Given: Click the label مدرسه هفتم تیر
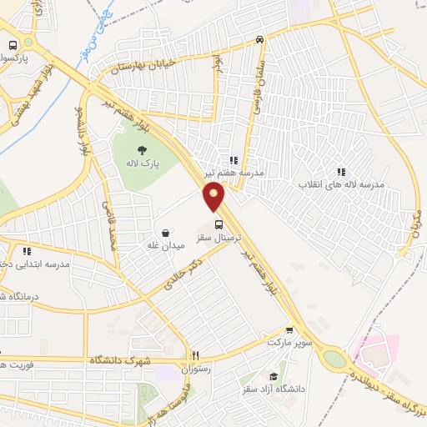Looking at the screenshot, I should pyautogui.click(x=234, y=173).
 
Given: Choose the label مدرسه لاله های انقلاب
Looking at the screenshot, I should pyautogui.click(x=339, y=183).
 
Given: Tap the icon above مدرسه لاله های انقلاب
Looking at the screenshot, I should pyautogui.click(x=339, y=171).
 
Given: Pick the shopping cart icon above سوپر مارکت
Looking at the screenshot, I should pyautogui.click(x=289, y=330).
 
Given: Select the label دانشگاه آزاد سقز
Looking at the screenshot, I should pyautogui.click(x=272, y=389).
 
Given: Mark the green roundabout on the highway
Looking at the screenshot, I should pyautogui.click(x=334, y=359).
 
